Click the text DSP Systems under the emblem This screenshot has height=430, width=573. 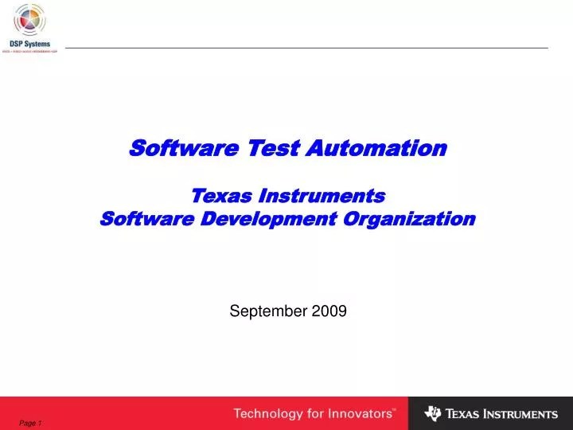(30, 43)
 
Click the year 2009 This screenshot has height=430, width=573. (329, 312)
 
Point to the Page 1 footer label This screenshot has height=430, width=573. (30, 422)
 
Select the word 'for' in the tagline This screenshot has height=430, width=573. (314, 414)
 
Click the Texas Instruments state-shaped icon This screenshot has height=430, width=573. (433, 413)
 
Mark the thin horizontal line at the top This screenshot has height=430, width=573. (306, 49)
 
